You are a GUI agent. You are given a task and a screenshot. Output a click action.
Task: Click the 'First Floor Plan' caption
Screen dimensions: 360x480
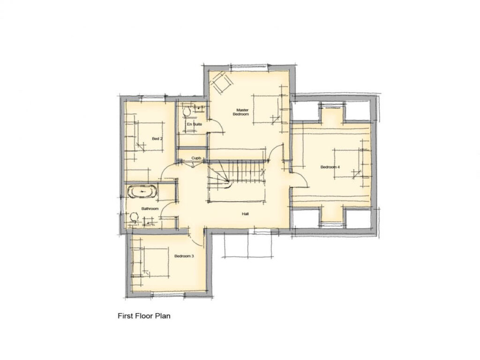[143, 316]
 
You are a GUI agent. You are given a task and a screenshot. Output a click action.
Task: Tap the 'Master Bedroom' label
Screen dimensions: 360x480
[242, 112]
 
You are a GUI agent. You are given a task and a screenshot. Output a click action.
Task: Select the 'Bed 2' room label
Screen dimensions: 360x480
[157, 139]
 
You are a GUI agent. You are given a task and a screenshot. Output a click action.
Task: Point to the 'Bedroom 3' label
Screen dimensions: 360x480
[184, 256]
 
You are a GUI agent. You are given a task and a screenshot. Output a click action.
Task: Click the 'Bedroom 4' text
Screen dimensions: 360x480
[330, 167]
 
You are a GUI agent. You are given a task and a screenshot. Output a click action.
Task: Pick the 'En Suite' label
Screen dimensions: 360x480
[194, 124]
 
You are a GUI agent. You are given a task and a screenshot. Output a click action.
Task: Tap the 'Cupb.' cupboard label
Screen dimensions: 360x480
[196, 158]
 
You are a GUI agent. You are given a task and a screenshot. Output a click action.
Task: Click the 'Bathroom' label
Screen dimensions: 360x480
[150, 209]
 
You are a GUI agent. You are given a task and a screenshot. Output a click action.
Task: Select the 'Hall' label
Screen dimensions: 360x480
[245, 214]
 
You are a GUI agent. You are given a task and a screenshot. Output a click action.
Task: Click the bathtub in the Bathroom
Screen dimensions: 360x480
[142, 192]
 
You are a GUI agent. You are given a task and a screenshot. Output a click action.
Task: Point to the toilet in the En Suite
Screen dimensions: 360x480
[187, 111]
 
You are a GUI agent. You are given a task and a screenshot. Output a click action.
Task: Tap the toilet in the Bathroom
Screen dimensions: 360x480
[134, 217]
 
